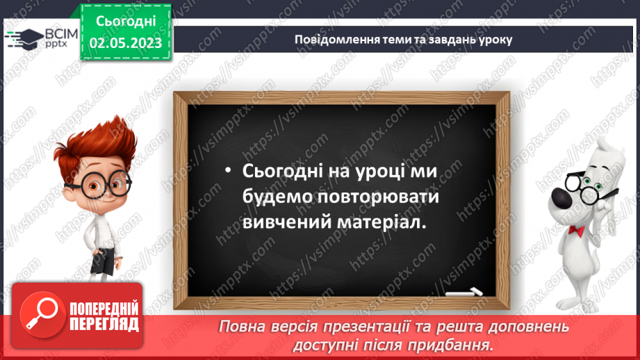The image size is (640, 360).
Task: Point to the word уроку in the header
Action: [494, 39]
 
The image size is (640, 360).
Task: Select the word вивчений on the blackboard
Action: [282, 222]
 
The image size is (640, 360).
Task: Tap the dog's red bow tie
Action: [575, 230]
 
